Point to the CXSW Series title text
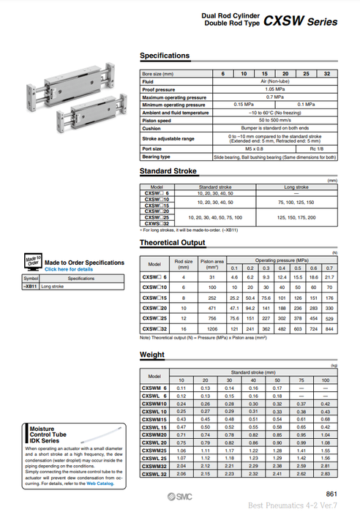[x=301, y=22]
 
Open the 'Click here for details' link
[x=69, y=269]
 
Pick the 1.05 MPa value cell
[x=275, y=89]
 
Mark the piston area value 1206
[x=210, y=331]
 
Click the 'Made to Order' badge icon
[x=33, y=262]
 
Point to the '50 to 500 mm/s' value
[x=275, y=120]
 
